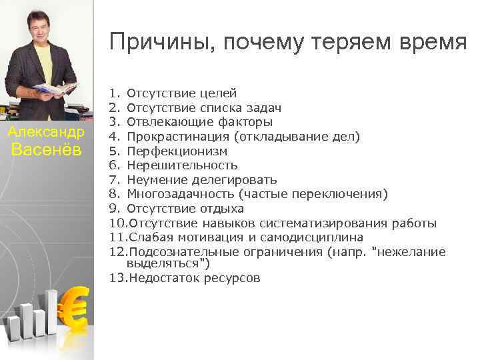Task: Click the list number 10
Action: [117, 223]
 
